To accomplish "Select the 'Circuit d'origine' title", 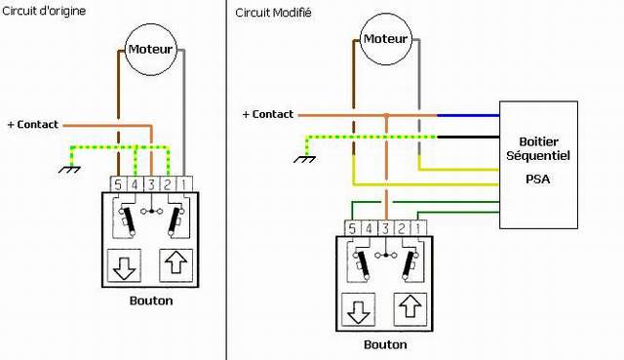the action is (44, 11).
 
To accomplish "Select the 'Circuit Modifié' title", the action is (273, 13).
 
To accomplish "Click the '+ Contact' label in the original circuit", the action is (33, 125).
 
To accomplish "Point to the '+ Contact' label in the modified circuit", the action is (268, 114).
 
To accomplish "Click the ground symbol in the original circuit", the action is (69, 169).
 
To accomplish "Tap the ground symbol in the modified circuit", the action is (305, 159).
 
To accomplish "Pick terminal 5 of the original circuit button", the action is (118, 184).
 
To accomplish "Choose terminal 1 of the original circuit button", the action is (184, 184).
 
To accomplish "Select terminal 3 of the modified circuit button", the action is (385, 228).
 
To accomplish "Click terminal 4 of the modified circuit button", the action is (369, 228).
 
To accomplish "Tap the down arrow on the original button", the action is (124, 265).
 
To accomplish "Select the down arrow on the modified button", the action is (358, 310).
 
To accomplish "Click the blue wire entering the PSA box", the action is (468, 115).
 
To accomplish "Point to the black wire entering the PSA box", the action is (468, 137).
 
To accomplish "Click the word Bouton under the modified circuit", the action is (385, 344).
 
